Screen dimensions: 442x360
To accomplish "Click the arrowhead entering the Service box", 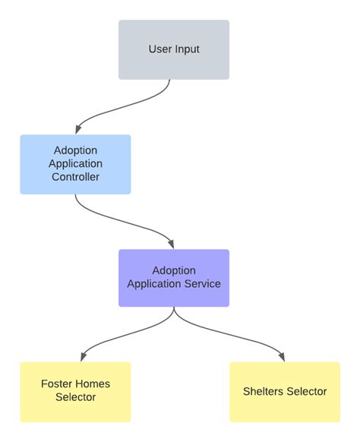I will (172, 244).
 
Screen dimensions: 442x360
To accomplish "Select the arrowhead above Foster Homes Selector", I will (82, 356).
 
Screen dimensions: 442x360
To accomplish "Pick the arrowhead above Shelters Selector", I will (282, 356).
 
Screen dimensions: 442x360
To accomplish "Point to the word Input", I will (186, 49).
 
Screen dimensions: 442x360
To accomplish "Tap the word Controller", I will (75, 177).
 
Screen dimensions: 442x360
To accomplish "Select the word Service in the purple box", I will (202, 284).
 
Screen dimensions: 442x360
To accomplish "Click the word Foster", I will (56, 384).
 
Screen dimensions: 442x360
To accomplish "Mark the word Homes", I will (93, 384).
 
